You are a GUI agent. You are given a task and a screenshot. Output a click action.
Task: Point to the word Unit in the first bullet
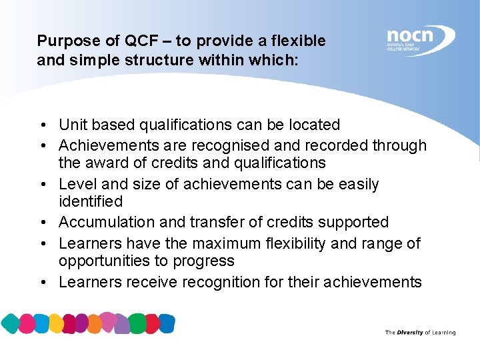(x=73, y=125)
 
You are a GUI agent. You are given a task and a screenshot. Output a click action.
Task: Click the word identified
(x=91, y=201)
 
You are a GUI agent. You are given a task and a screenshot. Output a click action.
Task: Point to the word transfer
(x=231, y=222)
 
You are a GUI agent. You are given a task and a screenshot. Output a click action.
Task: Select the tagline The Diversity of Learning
(x=420, y=332)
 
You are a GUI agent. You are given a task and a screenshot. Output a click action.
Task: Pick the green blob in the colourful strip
(x=139, y=323)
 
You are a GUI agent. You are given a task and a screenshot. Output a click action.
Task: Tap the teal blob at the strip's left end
(x=11, y=324)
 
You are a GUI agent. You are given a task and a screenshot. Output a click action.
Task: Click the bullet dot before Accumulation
(x=42, y=223)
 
